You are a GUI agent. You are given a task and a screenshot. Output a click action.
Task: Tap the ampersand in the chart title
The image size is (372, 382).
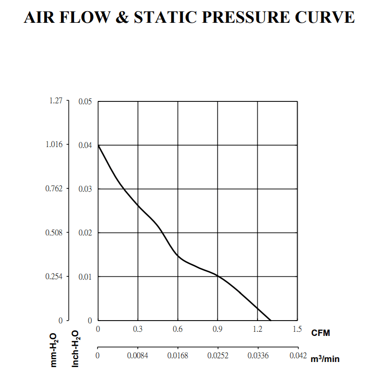click(x=122, y=18)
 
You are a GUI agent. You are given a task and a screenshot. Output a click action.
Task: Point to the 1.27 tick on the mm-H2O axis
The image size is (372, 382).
click(x=55, y=101)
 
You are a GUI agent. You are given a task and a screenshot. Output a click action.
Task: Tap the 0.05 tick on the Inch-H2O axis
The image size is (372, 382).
click(x=85, y=101)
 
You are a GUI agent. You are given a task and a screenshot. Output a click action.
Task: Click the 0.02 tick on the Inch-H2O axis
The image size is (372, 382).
click(x=85, y=233)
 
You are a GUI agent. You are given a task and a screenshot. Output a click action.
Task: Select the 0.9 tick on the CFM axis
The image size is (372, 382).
click(x=217, y=329)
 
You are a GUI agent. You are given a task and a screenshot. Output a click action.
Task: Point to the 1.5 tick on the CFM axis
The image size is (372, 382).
click(x=297, y=329)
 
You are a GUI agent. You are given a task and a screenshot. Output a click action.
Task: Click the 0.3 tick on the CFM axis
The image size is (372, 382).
click(x=138, y=329)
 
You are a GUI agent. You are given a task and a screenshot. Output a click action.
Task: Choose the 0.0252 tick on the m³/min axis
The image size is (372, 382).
click(x=217, y=356)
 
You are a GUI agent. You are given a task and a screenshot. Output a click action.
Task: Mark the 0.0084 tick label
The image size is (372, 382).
click(x=138, y=356)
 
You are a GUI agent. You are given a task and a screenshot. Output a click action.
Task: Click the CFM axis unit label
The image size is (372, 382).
click(x=320, y=333)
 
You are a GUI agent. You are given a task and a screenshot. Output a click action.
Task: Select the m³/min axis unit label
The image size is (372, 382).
click(x=325, y=359)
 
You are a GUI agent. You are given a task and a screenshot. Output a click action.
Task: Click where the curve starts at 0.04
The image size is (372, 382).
click(x=98, y=145)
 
